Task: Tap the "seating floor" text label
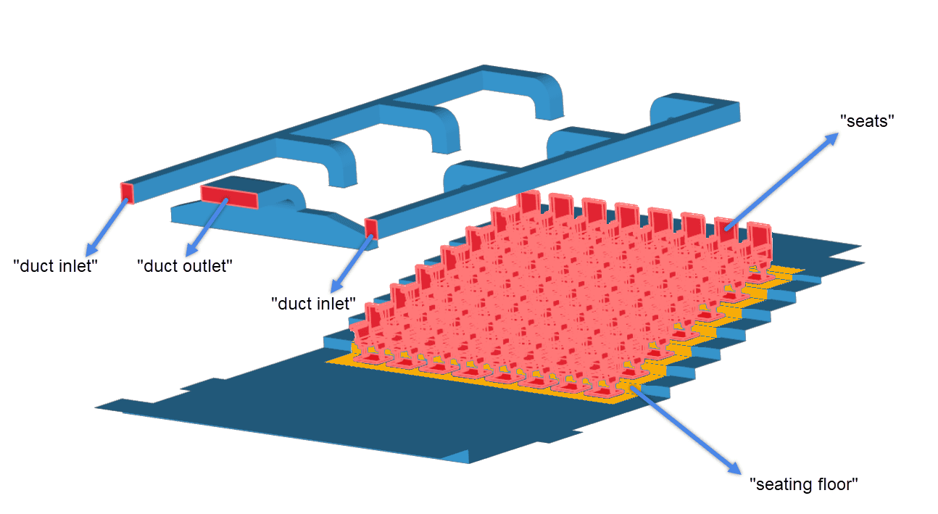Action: coord(803,484)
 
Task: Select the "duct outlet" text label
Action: coord(185,265)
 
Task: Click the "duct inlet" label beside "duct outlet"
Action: coord(55,265)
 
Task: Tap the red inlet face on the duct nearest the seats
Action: coord(371,228)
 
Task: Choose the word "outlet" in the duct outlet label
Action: coord(207,265)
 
